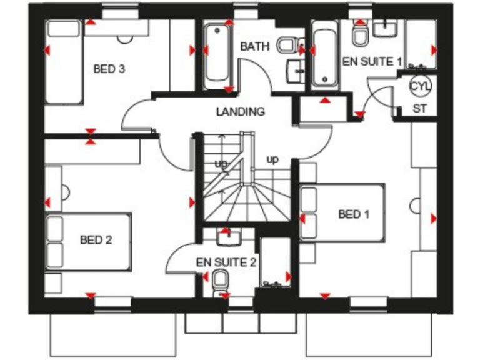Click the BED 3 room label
[x=109, y=69]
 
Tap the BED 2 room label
[x=96, y=239]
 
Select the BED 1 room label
[x=354, y=214]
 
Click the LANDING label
[x=241, y=112]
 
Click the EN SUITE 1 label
[x=371, y=61]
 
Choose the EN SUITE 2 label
[x=226, y=262]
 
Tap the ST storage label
[x=420, y=108]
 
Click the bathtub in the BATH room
[x=217, y=54]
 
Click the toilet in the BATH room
[x=289, y=45]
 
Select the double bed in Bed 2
[x=87, y=241]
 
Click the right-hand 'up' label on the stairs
[x=272, y=159]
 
